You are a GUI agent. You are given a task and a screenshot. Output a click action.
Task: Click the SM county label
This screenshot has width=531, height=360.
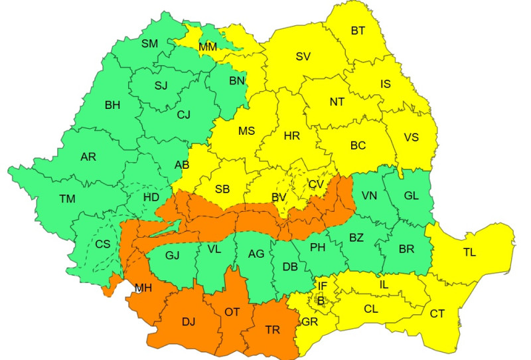[x=150, y=44]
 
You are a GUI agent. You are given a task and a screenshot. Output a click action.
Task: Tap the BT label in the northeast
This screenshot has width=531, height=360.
[x=358, y=31]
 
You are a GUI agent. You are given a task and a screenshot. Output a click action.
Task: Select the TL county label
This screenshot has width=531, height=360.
[x=469, y=253]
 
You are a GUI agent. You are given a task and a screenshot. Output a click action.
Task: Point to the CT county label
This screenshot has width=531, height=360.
[x=437, y=314]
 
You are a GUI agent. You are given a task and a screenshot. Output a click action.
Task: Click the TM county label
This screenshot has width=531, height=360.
[x=67, y=198]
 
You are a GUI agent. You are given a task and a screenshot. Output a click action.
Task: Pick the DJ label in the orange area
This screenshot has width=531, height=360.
[x=189, y=321]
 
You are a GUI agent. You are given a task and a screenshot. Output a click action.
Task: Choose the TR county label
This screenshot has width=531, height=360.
[x=272, y=329]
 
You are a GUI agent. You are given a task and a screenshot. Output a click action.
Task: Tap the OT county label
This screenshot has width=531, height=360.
[x=232, y=312]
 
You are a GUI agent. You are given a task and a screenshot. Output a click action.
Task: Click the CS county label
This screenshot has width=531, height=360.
[x=103, y=244]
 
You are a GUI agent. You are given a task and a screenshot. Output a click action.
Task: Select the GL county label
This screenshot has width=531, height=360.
[x=411, y=195]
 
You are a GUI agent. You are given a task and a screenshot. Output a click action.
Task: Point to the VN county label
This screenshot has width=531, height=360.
[x=369, y=195]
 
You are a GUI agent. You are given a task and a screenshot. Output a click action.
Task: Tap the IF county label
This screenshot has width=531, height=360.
[x=323, y=286]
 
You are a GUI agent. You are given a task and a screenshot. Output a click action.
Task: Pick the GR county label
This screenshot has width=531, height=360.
[x=309, y=321]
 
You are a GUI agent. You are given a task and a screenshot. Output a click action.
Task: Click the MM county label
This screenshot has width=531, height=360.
[x=208, y=47]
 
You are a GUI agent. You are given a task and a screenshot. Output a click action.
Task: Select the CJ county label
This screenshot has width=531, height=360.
[x=183, y=114]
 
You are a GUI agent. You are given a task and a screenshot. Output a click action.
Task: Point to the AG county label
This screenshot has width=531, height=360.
[x=256, y=253]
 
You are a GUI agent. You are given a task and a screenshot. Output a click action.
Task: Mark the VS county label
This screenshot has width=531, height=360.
[x=412, y=137]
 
